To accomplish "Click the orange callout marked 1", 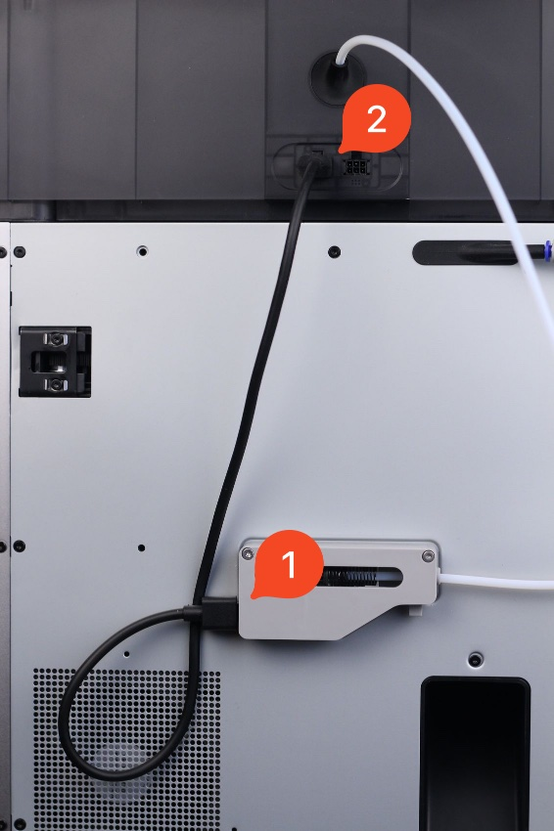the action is coord(288,565).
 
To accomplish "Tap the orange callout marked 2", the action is coord(376,118).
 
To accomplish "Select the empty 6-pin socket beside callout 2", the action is coord(355,167).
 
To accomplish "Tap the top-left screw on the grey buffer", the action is coord(248,554).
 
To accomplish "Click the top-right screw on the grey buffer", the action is coord(429,556).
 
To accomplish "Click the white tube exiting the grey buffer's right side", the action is coord(496,582).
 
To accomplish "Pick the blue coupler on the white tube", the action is coord(547,249).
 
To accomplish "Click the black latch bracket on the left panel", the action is coord(55,362).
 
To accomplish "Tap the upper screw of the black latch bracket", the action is coord(55,338).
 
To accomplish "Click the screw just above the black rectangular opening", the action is coord(476,660).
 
